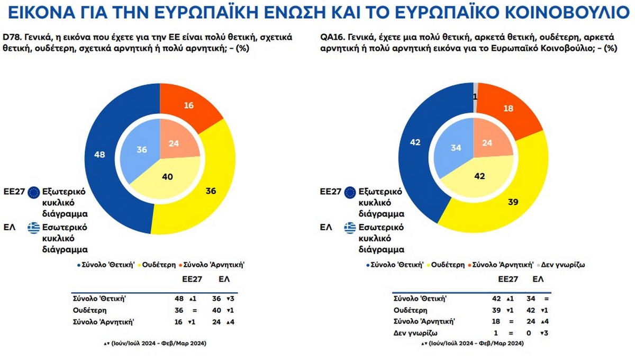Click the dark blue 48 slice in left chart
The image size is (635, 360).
pos(99,155)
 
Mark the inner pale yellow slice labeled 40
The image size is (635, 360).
pos(167,177)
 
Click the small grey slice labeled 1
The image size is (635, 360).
pos(476,96)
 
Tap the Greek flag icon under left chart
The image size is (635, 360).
pos(34,228)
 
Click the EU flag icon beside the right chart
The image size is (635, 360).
pos(350,193)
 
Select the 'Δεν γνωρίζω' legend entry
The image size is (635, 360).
pos(563,264)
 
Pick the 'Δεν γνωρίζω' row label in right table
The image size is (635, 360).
pos(415,332)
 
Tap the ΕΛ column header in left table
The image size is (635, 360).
pos(224,278)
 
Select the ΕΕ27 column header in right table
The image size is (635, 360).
pos(507,278)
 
